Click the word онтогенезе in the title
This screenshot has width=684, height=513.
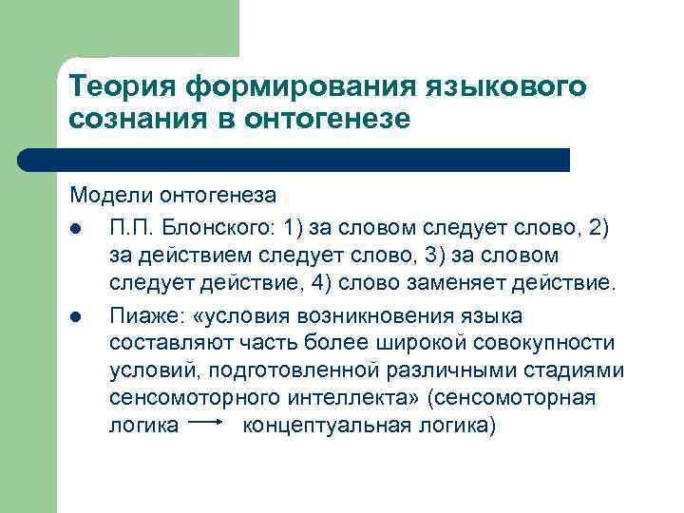point(329,121)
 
